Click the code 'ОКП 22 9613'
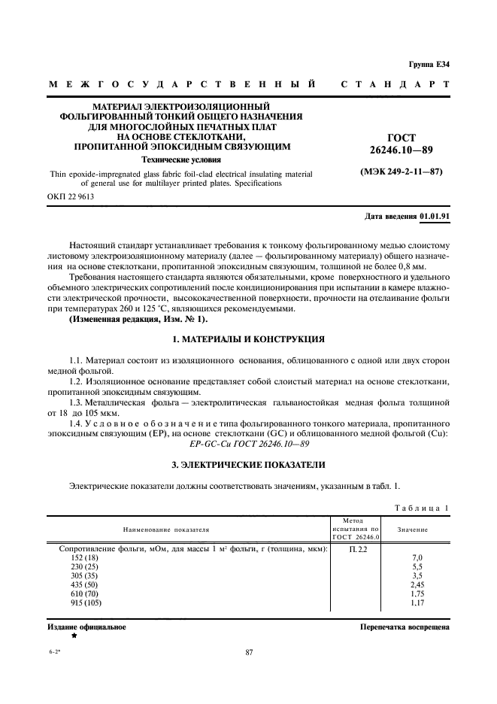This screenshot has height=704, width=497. point(71,197)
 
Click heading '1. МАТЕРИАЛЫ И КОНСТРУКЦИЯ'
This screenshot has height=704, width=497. point(248,338)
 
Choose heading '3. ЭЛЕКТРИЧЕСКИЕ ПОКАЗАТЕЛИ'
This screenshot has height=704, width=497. point(248,465)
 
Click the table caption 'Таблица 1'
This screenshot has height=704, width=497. point(421,508)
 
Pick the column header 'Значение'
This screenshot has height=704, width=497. point(413,530)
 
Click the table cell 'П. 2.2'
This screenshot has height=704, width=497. point(358,550)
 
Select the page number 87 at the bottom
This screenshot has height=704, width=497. point(248,653)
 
